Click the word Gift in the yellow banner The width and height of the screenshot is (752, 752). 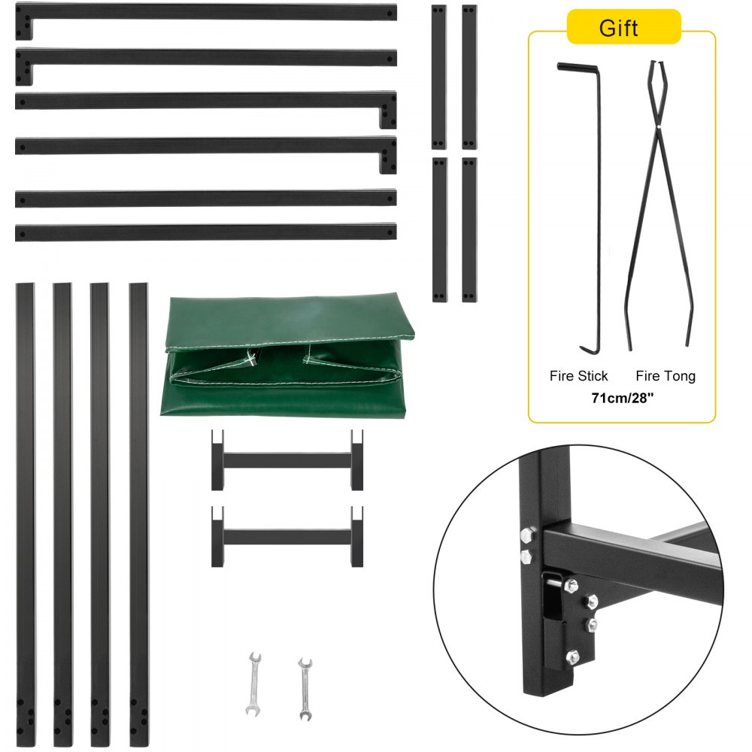(618, 28)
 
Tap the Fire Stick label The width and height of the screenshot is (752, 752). (578, 375)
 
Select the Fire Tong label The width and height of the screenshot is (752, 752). (666, 375)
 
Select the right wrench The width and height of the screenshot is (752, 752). (305, 688)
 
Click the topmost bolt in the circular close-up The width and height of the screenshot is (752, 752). (526, 535)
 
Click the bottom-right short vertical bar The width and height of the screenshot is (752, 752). (469, 229)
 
